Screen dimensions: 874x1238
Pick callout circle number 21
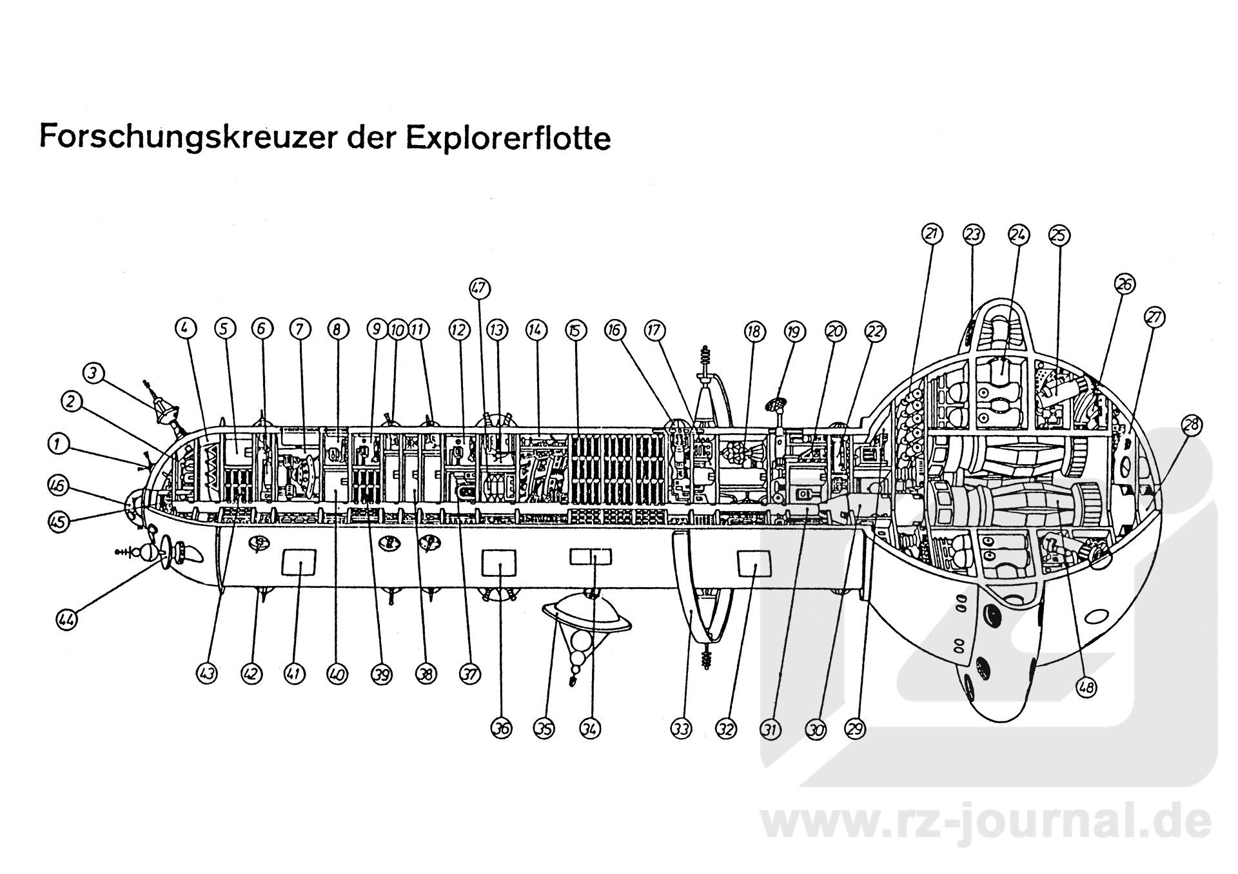[x=932, y=235]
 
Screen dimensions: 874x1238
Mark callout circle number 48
[x=1086, y=688]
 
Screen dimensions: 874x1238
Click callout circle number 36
[x=501, y=729]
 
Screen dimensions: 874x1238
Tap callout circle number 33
[x=681, y=729]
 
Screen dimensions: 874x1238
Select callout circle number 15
[x=575, y=331]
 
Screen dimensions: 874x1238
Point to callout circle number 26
[x=1125, y=284]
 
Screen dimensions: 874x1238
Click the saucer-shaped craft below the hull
[x=587, y=614]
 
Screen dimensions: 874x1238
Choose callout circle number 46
[x=57, y=485]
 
